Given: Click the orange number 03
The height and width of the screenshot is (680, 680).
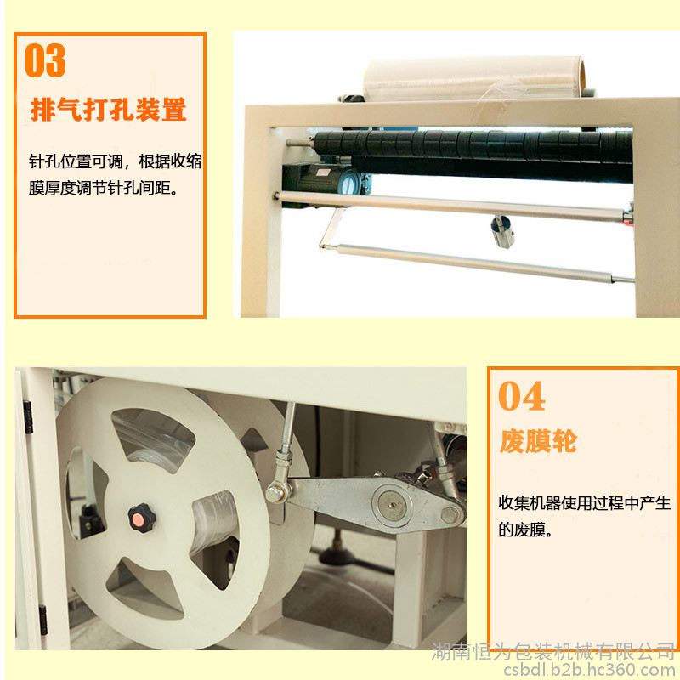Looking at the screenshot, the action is (45, 60).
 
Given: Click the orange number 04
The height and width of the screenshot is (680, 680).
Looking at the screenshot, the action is (521, 395).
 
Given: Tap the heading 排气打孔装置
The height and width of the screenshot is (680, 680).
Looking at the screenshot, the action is (109, 110).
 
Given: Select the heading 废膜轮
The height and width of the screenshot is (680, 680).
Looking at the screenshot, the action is (538, 441).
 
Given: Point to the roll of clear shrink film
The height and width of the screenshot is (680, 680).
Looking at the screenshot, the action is (474, 79).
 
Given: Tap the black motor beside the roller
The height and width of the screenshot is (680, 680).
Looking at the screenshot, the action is (322, 178).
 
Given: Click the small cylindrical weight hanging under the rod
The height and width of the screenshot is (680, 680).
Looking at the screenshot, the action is (502, 231).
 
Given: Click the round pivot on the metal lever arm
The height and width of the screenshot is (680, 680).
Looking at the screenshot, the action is (392, 505).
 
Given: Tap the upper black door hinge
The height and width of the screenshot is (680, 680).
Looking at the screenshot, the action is (28, 417).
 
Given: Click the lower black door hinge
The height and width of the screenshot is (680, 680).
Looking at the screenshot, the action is (43, 620).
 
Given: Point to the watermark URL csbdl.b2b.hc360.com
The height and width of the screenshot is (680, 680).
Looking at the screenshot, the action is (591, 670).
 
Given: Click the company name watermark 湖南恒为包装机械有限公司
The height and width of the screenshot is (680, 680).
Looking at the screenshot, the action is (553, 652).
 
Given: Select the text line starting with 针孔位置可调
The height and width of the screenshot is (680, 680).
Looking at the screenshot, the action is (116, 161).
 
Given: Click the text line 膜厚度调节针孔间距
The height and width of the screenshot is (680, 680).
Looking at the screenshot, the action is (103, 188).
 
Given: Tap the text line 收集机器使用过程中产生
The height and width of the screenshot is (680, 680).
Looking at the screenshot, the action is (584, 503).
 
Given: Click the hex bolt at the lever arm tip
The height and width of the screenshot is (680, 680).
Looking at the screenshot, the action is (450, 515).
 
